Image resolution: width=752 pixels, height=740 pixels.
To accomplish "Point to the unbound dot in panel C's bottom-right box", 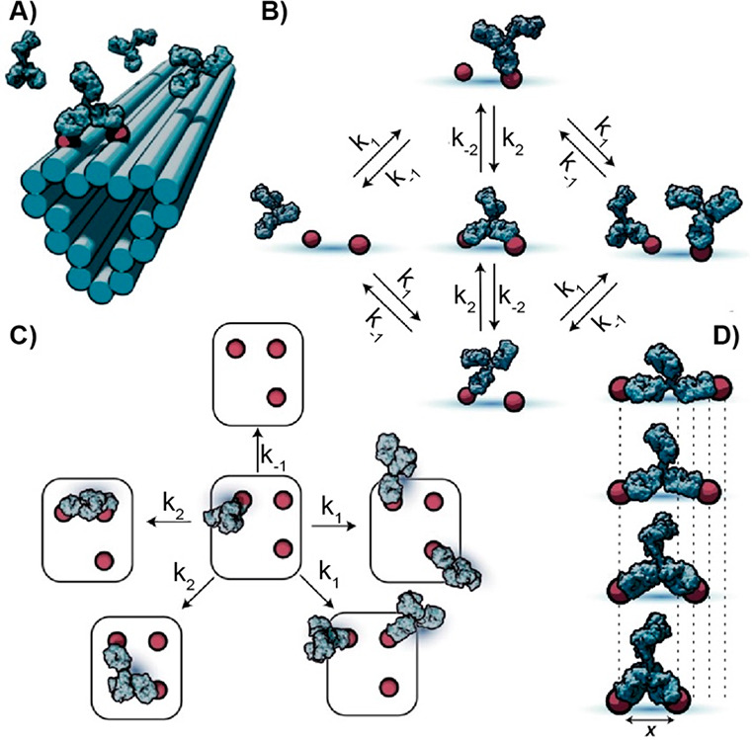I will (x=388, y=685).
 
